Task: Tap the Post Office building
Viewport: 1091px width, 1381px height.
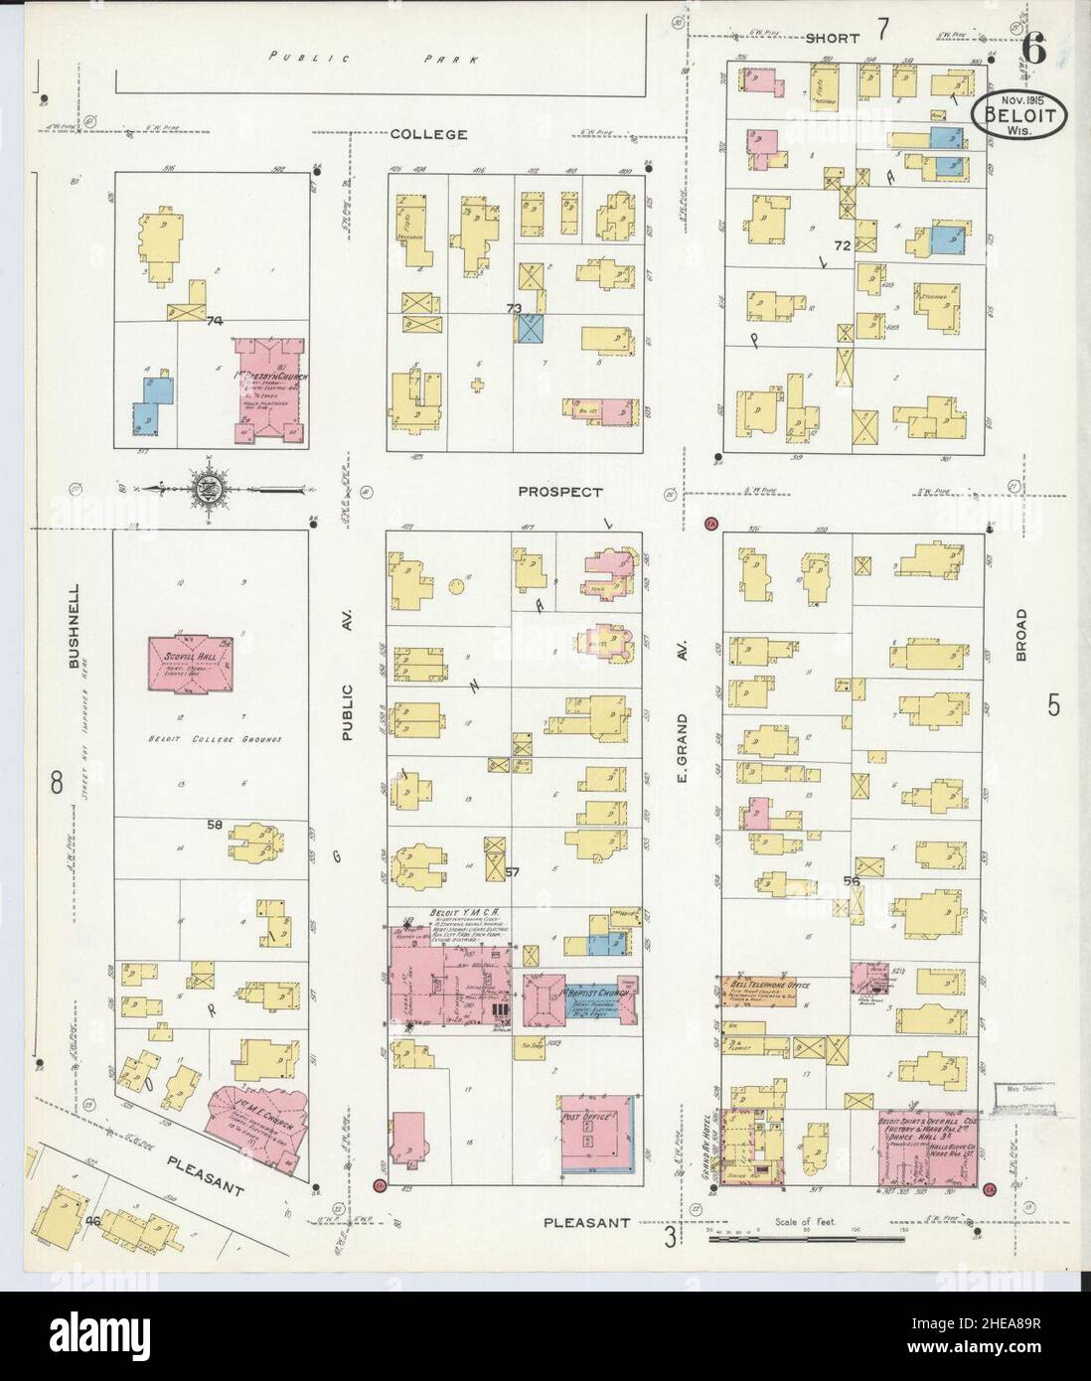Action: (x=599, y=1133)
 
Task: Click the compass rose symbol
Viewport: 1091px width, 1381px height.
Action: (x=208, y=488)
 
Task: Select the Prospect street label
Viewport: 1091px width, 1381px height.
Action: (x=561, y=492)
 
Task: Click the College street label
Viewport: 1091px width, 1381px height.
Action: (x=428, y=134)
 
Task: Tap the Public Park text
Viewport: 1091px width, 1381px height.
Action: (x=375, y=59)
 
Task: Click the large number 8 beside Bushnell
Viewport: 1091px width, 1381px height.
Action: (x=57, y=783)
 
